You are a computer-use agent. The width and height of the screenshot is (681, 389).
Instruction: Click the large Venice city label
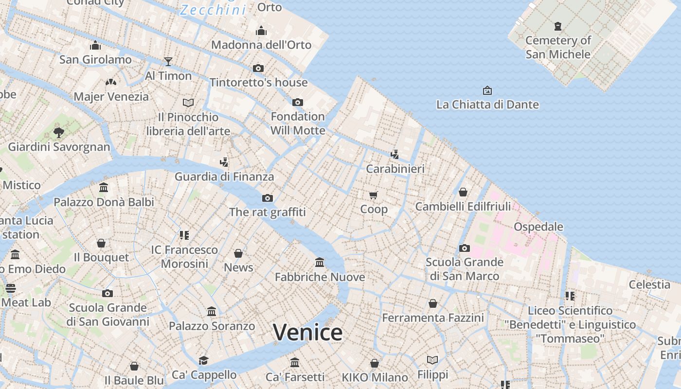[x=307, y=333]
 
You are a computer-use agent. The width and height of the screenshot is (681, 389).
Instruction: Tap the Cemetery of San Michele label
[x=558, y=47]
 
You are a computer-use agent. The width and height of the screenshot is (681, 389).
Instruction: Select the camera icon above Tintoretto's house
[x=258, y=68]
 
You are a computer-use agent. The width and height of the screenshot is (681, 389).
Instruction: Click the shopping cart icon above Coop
[x=374, y=195]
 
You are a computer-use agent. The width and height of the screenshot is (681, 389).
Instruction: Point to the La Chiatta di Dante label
[x=487, y=105]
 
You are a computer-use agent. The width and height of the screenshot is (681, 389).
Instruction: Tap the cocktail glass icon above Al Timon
[x=168, y=61]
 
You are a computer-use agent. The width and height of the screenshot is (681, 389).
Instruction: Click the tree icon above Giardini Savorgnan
[x=59, y=132]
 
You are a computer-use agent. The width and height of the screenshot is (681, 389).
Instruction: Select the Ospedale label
[x=538, y=227]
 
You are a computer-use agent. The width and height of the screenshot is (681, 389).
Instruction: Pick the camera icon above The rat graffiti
[x=268, y=198]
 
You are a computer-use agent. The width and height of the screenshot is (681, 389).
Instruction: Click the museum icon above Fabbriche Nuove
[x=320, y=263]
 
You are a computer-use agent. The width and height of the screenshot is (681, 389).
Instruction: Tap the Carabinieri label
[x=395, y=169]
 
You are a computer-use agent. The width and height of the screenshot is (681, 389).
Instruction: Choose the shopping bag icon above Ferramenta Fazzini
[x=433, y=303]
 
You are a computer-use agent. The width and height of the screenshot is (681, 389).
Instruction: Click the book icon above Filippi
[x=432, y=360]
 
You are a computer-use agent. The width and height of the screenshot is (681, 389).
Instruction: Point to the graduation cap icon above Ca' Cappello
[x=204, y=360]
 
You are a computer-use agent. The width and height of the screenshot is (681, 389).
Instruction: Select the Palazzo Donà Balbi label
[x=104, y=202]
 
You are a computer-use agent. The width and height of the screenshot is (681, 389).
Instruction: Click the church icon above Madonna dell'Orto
[x=261, y=31]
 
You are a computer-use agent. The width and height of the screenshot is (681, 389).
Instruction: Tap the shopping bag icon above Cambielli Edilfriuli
[x=463, y=192]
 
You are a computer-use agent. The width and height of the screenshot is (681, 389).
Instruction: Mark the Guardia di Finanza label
[x=224, y=177]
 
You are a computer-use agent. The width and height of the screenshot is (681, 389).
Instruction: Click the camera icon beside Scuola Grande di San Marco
[x=465, y=248]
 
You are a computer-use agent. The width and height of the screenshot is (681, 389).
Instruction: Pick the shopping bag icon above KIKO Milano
[x=375, y=363]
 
